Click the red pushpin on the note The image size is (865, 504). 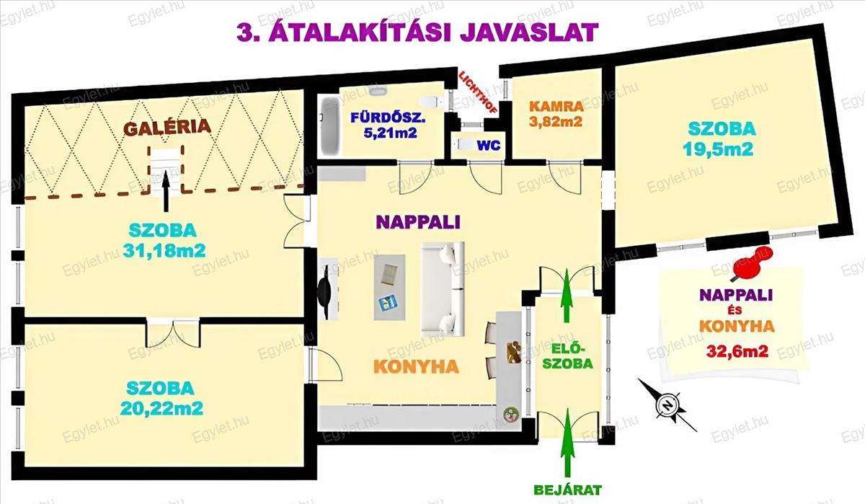pos(750,264)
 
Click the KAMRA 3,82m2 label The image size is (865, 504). pos(556,114)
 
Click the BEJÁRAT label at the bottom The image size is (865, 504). pos(568,490)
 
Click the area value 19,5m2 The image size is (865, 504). pos(721,149)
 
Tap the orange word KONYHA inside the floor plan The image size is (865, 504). pos(416,366)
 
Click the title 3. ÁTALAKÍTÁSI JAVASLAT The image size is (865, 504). pos(417,32)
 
